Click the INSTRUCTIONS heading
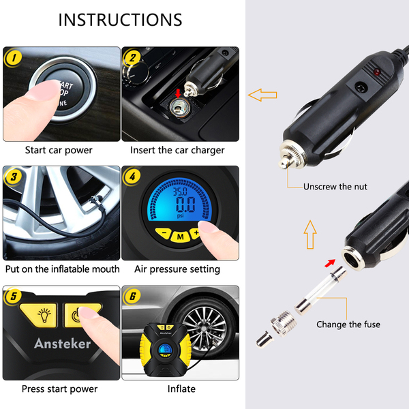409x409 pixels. [x=120, y=20]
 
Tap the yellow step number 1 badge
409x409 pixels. [x=14, y=58]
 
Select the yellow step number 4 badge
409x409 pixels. [x=132, y=177]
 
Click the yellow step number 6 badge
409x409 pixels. [x=132, y=296]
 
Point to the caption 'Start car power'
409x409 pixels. [x=59, y=150]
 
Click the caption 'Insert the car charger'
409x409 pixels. [x=177, y=150]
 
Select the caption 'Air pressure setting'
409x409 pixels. [x=177, y=269]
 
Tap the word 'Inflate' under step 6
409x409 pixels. [x=181, y=389]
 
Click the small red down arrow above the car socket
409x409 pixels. [x=178, y=93]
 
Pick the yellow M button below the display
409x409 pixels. [x=180, y=237]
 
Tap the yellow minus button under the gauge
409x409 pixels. [x=164, y=233]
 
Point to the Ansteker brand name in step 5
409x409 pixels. [x=63, y=344]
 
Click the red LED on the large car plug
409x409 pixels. [x=377, y=72]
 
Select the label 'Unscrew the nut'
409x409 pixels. [x=335, y=187]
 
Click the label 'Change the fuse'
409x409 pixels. [x=348, y=324]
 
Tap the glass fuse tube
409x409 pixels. [x=321, y=290]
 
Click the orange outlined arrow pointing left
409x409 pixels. [x=262, y=95]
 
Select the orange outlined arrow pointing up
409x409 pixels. [x=310, y=234]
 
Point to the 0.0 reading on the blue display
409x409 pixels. [x=185, y=204]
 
